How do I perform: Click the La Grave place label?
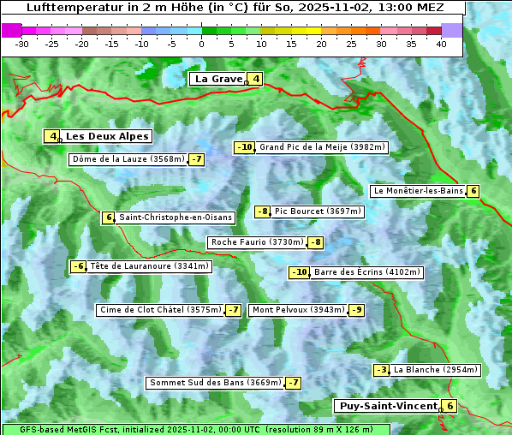(x=218, y=79)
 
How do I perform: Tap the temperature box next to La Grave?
(x=256, y=79)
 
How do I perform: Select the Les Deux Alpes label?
(x=107, y=136)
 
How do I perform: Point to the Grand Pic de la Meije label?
(x=323, y=147)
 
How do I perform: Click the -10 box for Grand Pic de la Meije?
(x=245, y=147)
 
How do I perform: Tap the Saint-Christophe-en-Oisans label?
(x=176, y=217)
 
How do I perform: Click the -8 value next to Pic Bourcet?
(x=263, y=212)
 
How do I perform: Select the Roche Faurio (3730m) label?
(x=257, y=242)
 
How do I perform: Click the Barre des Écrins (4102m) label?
(x=367, y=272)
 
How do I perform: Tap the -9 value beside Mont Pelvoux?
(x=356, y=310)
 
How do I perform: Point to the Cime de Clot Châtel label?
(x=160, y=310)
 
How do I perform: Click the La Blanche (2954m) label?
(x=435, y=370)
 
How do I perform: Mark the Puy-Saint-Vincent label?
(x=387, y=406)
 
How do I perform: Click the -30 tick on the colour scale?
(x=22, y=43)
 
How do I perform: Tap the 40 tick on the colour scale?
(x=441, y=43)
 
